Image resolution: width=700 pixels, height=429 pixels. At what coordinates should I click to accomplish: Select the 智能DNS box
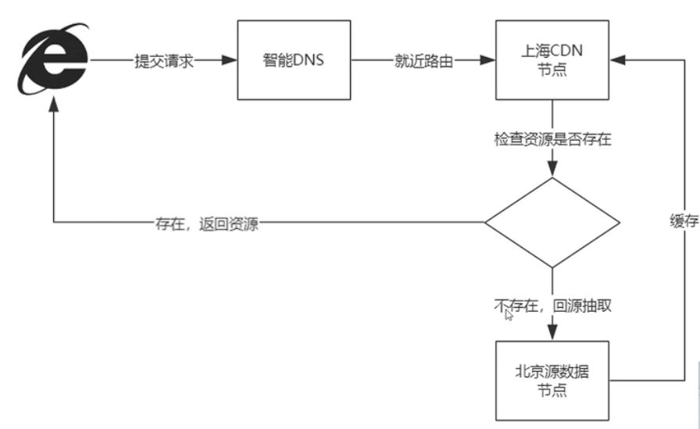[x=290, y=61]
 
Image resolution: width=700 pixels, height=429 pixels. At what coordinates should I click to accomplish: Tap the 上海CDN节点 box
[x=552, y=61]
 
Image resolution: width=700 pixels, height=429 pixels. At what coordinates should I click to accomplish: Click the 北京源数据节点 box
[x=552, y=381]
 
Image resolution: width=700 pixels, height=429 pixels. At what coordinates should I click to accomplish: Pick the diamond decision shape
[x=552, y=223]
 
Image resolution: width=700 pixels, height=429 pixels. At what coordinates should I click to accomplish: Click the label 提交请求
[x=163, y=61]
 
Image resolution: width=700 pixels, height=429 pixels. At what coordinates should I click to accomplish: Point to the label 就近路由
[x=422, y=61]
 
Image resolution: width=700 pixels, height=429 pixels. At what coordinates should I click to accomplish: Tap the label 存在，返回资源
[x=206, y=224]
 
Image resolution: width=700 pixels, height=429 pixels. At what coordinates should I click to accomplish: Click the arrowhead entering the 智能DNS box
[x=230, y=61]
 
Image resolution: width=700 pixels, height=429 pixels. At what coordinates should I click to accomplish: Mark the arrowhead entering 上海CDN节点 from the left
[x=490, y=61]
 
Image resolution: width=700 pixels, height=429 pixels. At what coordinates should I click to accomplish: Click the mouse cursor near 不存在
[x=509, y=315]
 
